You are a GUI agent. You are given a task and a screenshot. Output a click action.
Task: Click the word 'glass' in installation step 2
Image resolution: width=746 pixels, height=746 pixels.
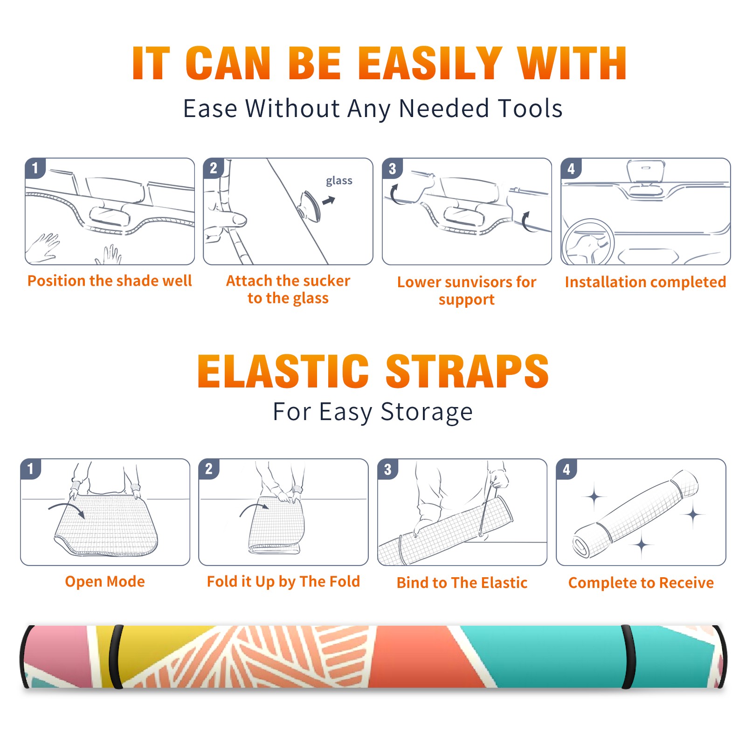pyautogui.click(x=339, y=181)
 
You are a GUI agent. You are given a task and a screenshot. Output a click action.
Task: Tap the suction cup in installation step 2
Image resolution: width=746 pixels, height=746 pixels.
pyautogui.click(x=310, y=206)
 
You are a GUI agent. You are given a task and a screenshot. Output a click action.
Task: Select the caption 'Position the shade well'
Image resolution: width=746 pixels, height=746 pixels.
pyautogui.click(x=110, y=281)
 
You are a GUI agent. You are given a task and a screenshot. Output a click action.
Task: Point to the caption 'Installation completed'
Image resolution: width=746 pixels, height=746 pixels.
pyautogui.click(x=645, y=282)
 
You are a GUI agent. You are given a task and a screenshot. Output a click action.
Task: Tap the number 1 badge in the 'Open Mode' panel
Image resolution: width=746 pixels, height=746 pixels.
pyautogui.click(x=31, y=469)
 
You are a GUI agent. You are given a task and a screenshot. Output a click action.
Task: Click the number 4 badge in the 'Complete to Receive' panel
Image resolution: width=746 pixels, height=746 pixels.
pyautogui.click(x=566, y=469)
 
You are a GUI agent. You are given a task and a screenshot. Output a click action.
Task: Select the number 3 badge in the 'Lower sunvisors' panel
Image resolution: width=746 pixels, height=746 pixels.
pyautogui.click(x=392, y=168)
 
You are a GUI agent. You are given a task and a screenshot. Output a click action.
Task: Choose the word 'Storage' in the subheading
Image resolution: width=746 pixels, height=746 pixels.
pyautogui.click(x=427, y=412)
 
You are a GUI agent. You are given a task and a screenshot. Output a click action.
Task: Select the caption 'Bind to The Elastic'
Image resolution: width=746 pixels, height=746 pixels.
pyautogui.click(x=462, y=583)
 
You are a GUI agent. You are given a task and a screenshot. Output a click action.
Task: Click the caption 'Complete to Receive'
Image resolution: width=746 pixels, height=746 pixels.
pyautogui.click(x=641, y=583)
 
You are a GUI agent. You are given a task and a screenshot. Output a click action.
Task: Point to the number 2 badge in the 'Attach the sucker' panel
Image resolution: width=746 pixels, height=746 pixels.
pyautogui.click(x=214, y=168)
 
